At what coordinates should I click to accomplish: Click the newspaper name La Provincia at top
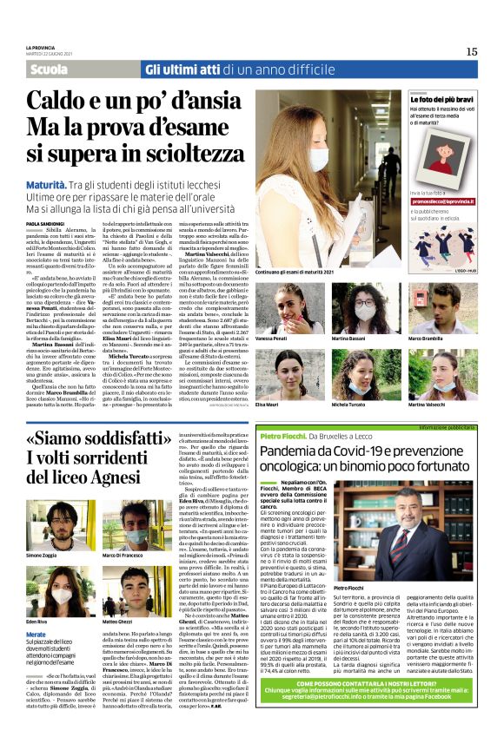[x=39, y=47]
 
